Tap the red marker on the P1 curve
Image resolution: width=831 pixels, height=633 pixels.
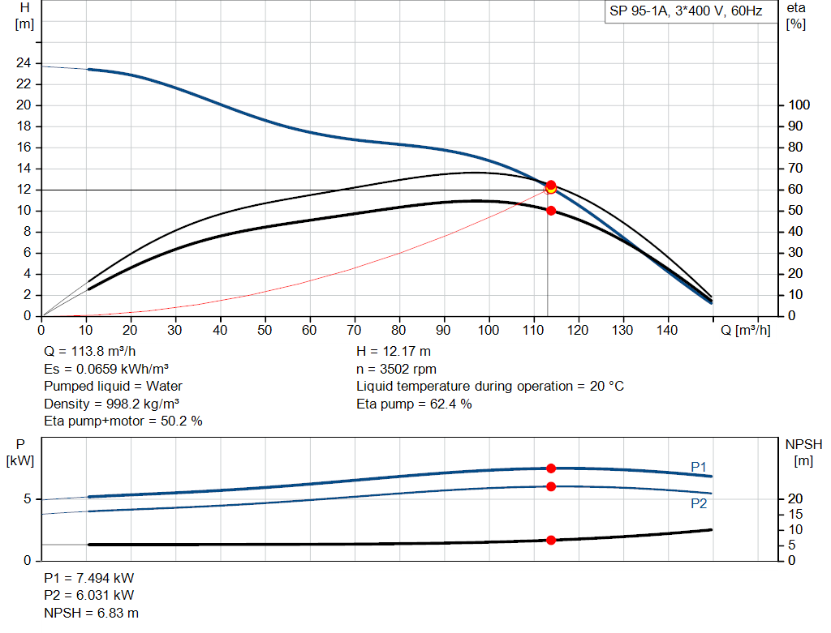click(x=551, y=468)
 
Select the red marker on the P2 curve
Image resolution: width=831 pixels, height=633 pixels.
click(x=551, y=486)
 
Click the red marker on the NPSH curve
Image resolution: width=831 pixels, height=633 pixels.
click(x=551, y=540)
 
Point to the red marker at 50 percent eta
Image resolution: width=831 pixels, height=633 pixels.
click(x=551, y=211)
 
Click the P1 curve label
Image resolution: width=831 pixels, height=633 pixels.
click(x=699, y=466)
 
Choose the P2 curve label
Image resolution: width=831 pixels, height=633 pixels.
click(x=699, y=503)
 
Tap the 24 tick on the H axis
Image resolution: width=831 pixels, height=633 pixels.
click(x=24, y=63)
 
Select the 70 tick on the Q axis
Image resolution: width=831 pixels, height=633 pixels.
click(x=354, y=331)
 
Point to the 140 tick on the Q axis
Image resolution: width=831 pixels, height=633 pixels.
click(x=666, y=331)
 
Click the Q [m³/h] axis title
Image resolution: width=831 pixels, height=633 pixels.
click(x=744, y=331)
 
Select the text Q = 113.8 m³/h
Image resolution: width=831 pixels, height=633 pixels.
click(x=88, y=352)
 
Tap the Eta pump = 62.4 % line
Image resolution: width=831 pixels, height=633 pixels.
click(x=414, y=404)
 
